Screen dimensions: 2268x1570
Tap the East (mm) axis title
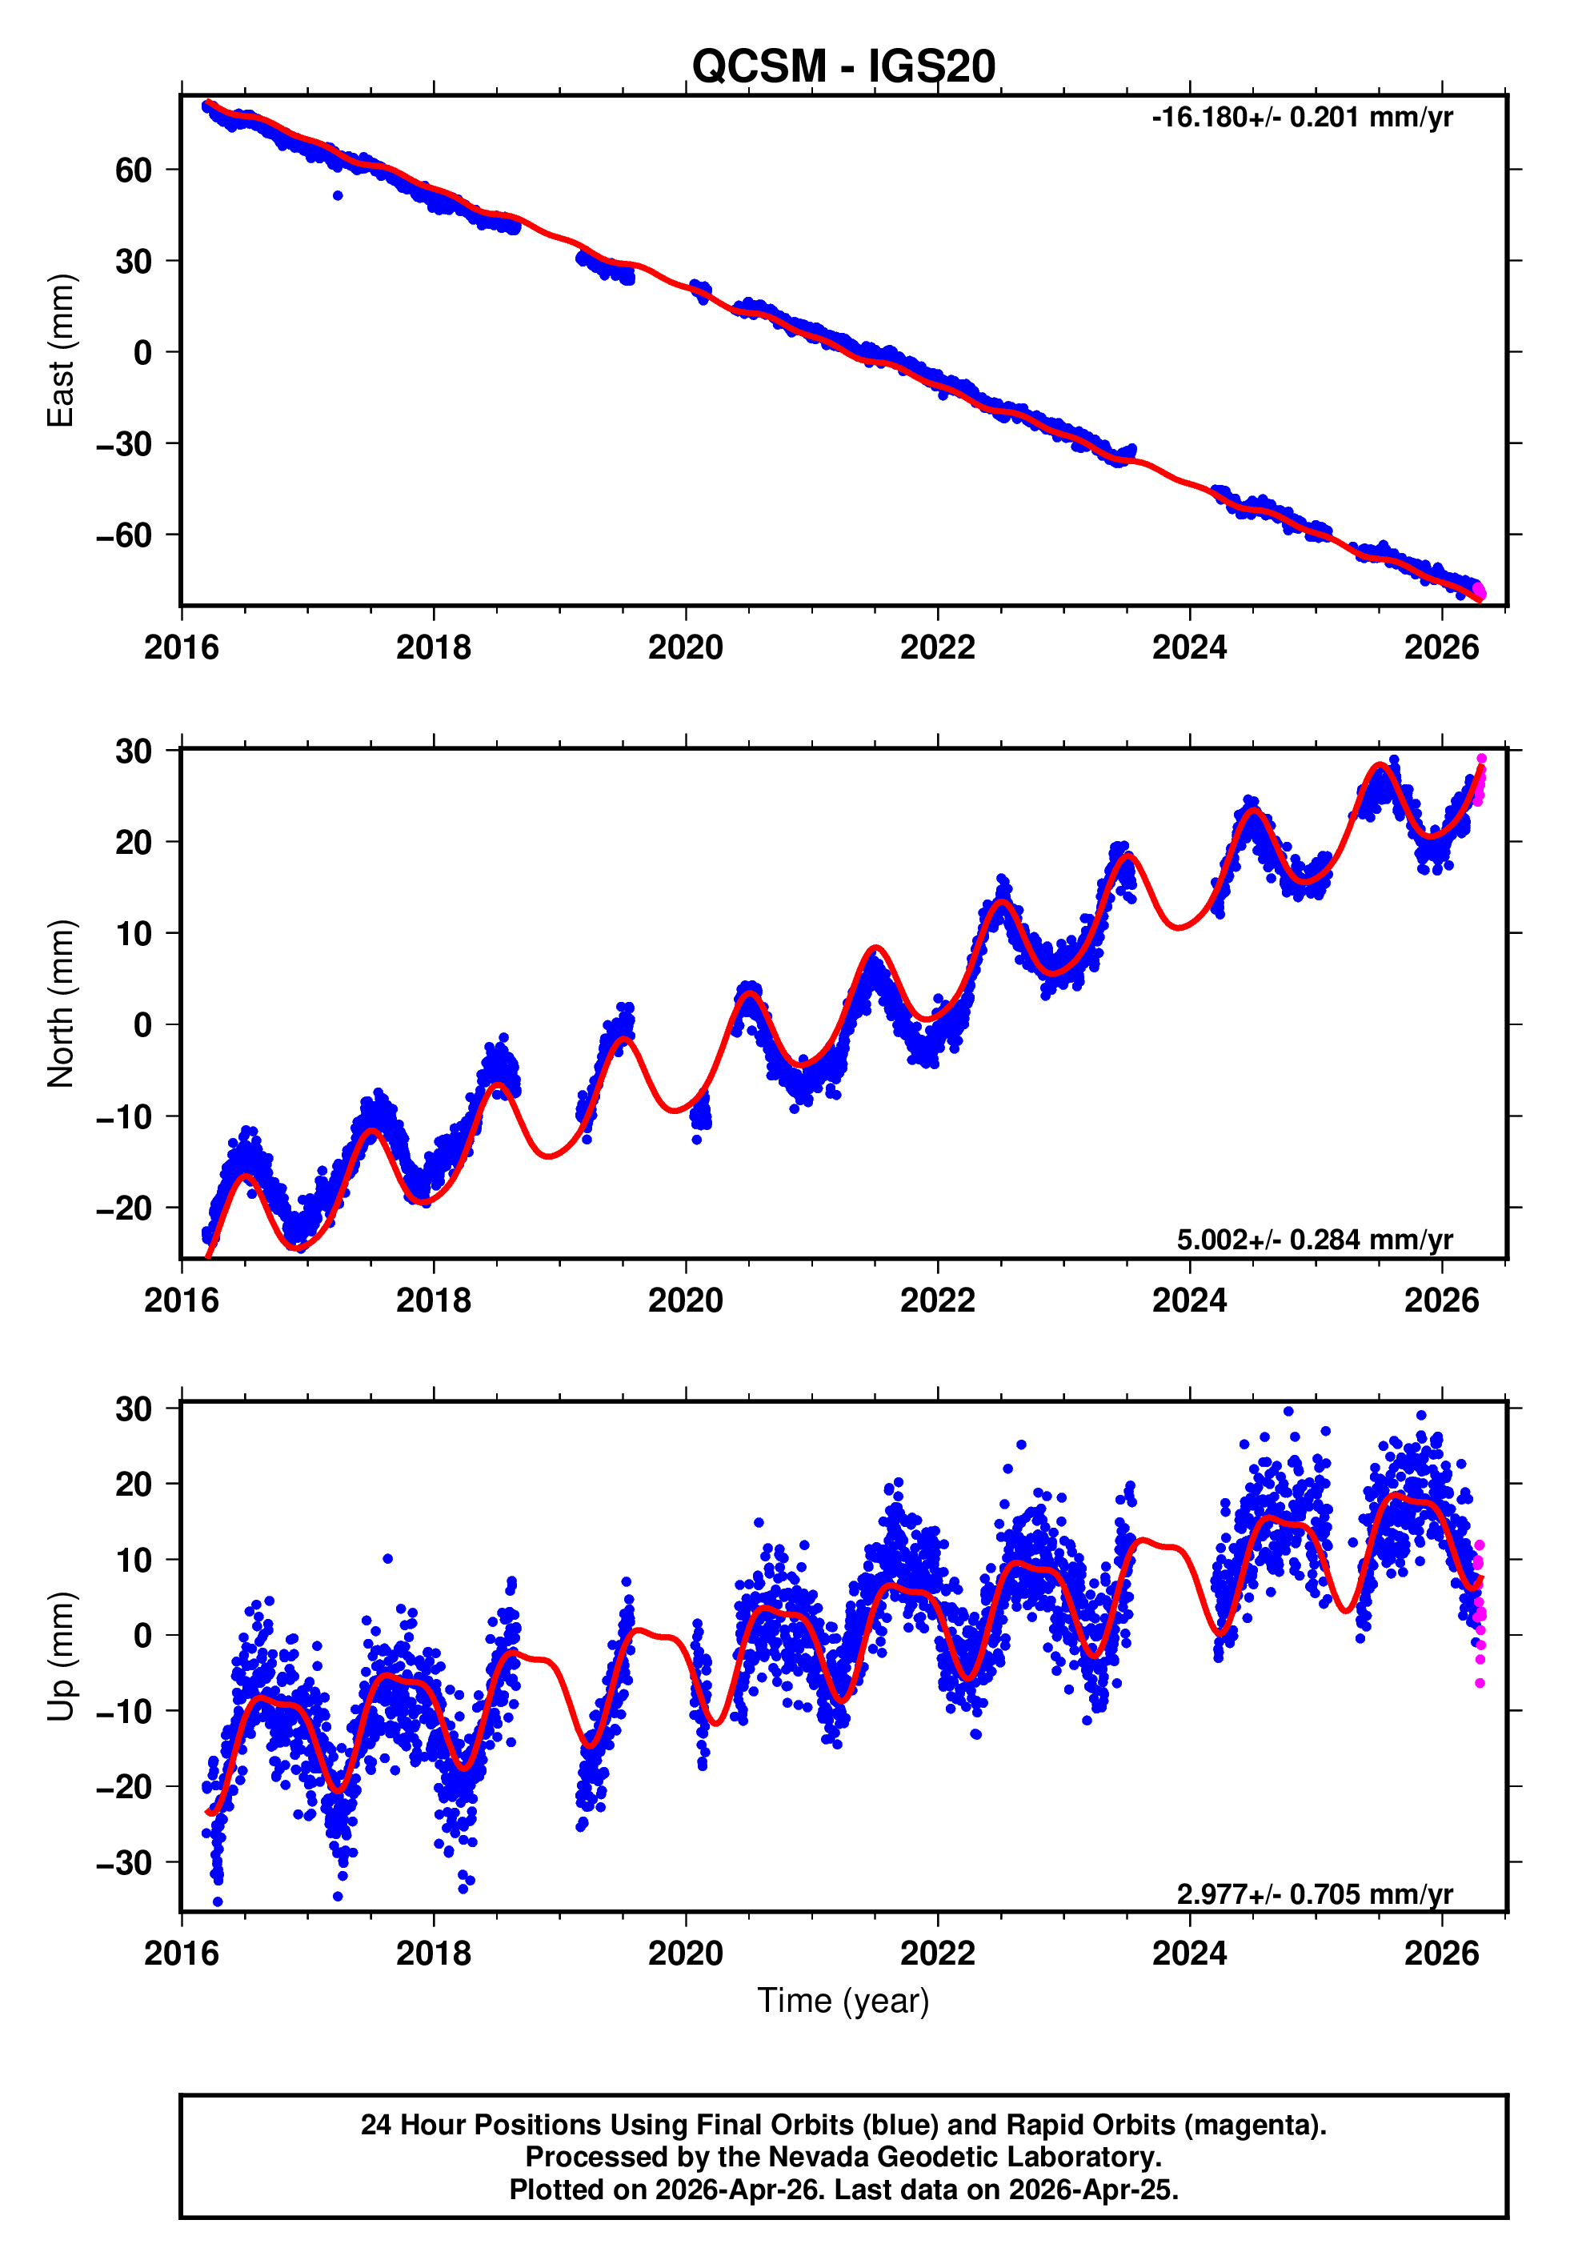click(61, 351)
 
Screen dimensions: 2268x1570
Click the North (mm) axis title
click(61, 1004)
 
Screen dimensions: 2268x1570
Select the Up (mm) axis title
click(61, 1657)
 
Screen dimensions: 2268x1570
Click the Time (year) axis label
click(843, 2001)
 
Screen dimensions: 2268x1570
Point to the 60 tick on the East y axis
click(133, 170)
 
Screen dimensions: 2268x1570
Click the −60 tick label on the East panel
click(123, 535)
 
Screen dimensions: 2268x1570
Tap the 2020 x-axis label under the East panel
click(686, 647)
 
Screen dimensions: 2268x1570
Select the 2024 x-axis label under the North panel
click(1189, 1300)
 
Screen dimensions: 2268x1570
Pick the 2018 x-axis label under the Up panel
click(433, 1953)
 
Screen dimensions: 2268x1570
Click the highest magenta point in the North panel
click(1481, 759)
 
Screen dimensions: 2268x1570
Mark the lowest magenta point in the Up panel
click(1480, 1684)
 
